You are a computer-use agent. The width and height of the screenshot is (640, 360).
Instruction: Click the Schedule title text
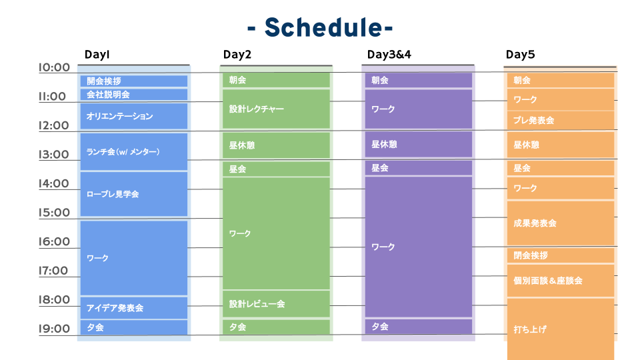point(320,27)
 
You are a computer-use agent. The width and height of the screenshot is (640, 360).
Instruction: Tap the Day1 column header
point(97,54)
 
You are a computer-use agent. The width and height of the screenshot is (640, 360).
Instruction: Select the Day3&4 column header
point(389,54)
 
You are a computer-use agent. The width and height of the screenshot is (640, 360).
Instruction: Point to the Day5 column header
point(520,54)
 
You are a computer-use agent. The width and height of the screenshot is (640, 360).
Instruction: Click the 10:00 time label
point(54,67)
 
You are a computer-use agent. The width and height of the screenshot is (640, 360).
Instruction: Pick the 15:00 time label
point(54,213)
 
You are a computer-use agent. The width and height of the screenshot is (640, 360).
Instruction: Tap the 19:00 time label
point(54,329)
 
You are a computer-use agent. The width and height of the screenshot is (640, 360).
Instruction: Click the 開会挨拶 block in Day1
point(134,81)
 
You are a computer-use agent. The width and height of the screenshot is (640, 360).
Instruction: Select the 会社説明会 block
point(134,95)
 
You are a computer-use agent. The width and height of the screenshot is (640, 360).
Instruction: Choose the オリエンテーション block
point(134,116)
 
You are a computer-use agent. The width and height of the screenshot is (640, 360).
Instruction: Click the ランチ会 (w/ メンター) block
point(134,151)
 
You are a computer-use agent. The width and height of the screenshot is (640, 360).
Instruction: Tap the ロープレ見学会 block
point(134,194)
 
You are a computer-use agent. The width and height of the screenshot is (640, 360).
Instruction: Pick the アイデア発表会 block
point(134,308)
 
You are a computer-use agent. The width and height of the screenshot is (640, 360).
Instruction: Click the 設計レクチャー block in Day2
point(276,109)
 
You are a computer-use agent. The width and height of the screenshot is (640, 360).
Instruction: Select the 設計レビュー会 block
point(276,304)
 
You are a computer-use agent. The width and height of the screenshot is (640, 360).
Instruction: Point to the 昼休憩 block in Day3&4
point(419,144)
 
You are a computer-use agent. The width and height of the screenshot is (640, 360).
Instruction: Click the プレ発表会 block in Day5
point(561,121)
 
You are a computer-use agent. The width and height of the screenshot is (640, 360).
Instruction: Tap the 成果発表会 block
point(561,223)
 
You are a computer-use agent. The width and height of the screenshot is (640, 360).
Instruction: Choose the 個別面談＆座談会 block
point(561,281)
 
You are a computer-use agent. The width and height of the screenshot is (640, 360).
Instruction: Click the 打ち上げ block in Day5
point(561,329)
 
